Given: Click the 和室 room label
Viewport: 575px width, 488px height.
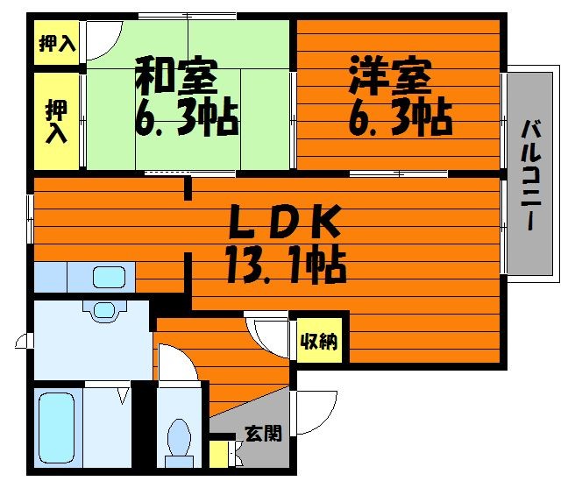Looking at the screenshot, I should pos(176,77).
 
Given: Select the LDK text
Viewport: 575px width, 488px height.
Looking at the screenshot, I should pos(284,223).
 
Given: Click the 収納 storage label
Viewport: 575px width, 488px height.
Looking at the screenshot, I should pos(321,343).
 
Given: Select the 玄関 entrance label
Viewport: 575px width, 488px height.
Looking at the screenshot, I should pos(263,433).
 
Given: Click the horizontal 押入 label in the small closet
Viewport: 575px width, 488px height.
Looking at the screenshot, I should pos(57,43).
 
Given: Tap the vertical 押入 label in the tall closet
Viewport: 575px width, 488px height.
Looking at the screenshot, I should pos(56,121).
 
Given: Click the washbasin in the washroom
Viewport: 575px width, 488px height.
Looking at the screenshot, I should pos(103,308).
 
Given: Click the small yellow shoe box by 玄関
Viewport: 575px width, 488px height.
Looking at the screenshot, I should pos(218,455).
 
